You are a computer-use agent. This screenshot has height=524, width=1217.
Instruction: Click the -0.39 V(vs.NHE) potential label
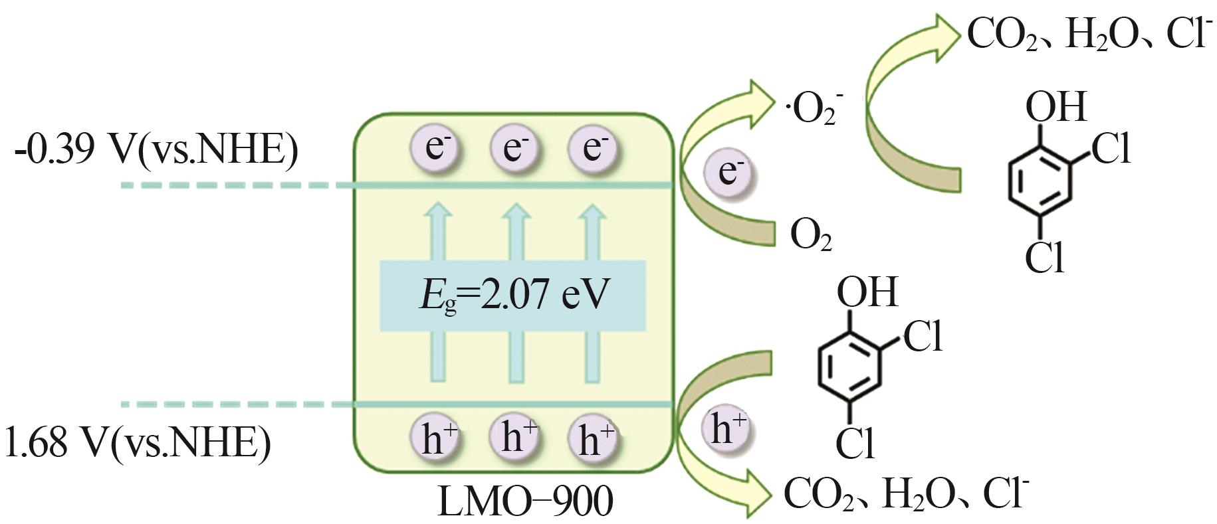(x=156, y=151)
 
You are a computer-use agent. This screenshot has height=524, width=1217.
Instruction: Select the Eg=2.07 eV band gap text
(x=513, y=296)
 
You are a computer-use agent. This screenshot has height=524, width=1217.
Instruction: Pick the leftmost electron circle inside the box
(x=435, y=147)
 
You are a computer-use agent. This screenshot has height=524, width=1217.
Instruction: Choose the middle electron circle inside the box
(x=513, y=147)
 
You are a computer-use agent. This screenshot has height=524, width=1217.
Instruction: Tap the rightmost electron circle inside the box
(x=592, y=147)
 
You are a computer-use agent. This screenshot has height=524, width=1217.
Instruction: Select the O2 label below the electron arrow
(x=810, y=236)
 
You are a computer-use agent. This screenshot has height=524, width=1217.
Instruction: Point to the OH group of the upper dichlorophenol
(x=1055, y=106)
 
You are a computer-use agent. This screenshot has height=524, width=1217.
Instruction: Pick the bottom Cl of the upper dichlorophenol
(x=1044, y=258)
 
